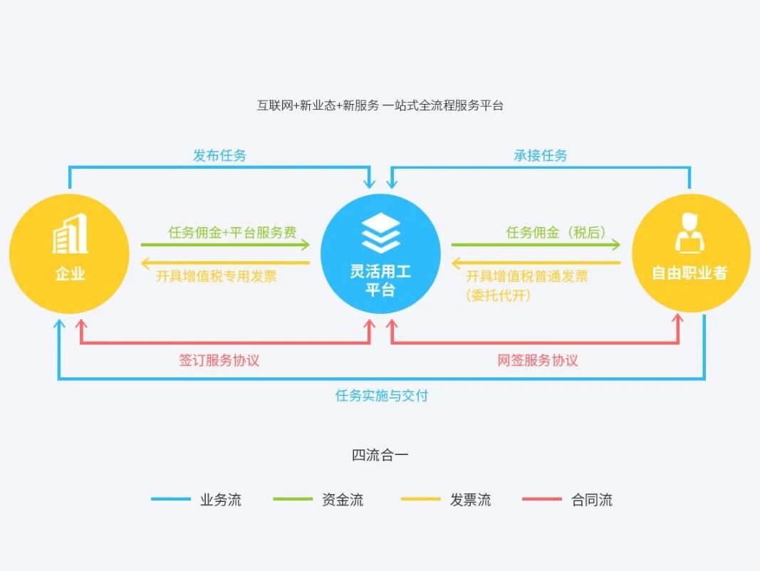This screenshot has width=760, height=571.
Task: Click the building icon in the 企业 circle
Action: coord(70,234)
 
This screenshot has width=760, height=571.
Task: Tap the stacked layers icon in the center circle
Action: coord(381,231)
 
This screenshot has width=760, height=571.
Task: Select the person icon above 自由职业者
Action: coord(689,232)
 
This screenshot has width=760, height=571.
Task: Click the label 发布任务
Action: coord(219,155)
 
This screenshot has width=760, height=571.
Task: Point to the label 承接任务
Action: coord(541,155)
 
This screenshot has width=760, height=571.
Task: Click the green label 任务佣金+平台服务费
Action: coord(232,232)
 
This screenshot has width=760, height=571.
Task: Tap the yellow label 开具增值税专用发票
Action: coord(217,276)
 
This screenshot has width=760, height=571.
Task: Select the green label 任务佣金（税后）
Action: coord(556,232)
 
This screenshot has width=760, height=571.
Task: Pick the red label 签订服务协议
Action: coord(219,360)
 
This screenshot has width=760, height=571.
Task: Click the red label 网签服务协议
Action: coord(538,360)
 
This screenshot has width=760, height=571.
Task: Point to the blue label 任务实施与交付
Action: coord(382,395)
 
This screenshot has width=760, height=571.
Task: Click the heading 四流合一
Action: coord(380,455)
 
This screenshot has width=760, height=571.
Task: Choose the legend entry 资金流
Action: coord(343,499)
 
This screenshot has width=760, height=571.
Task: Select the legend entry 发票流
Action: coord(470,499)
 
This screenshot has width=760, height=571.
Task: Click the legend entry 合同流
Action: coord(592,499)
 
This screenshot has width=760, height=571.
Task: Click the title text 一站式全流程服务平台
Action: coord(443,105)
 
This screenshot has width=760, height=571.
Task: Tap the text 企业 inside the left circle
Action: coord(70,273)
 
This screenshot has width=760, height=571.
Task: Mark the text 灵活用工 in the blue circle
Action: coord(381,272)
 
